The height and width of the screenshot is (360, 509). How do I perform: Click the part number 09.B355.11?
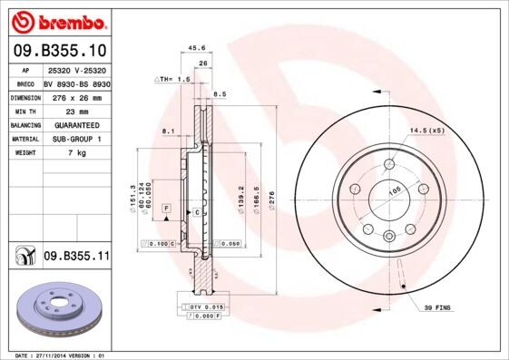tap(76, 257)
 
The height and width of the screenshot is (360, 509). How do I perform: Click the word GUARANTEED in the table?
tap(75, 124)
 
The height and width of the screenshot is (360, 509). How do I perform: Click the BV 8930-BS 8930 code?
tap(76, 83)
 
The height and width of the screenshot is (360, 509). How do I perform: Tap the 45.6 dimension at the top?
tap(194, 49)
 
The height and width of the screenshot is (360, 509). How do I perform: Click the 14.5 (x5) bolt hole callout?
tap(429, 131)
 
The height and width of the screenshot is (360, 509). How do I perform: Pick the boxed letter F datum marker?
tap(167, 209)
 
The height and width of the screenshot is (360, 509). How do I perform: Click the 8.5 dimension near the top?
tap(220, 93)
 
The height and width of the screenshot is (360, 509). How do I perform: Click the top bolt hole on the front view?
tap(389, 164)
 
